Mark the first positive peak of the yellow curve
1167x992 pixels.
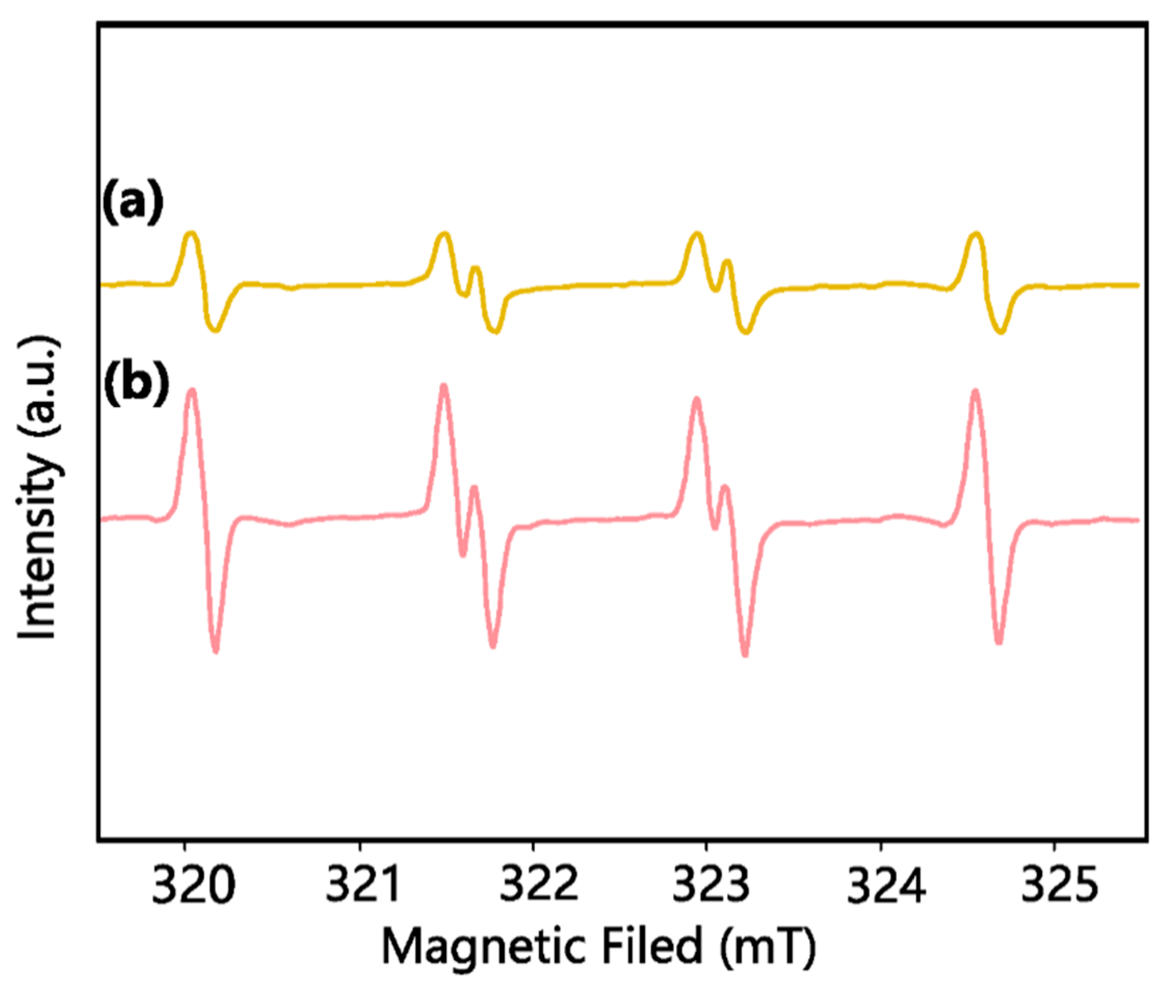(192, 233)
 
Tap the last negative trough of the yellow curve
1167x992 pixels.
(1001, 332)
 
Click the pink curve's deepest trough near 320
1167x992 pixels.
(216, 651)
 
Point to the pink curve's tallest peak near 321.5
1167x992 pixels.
(444, 386)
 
